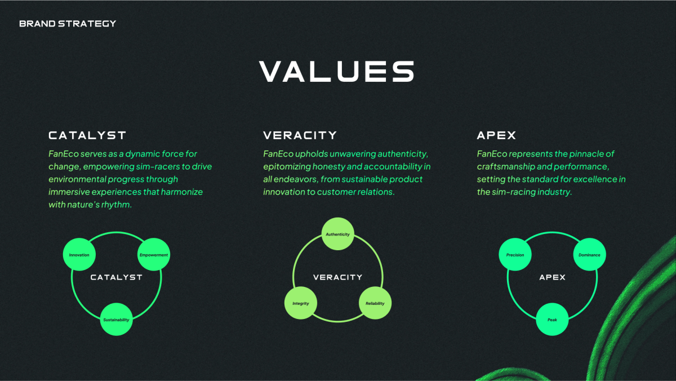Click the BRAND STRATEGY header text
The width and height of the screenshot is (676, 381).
[68, 24]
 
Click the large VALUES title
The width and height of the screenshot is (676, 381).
[337, 71]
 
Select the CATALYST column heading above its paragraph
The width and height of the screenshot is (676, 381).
[87, 135]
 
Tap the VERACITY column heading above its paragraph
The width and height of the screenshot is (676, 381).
[300, 135]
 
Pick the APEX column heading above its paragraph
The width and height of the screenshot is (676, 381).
[496, 135]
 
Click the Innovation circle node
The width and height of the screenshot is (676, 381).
[79, 255]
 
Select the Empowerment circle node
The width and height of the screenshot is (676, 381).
[154, 255]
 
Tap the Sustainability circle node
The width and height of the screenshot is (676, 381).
[116, 320]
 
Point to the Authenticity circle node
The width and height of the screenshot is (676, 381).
[337, 234]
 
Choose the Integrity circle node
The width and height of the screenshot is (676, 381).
[301, 303]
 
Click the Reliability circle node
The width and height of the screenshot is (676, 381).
[375, 303]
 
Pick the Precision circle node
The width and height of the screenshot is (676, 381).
[515, 255]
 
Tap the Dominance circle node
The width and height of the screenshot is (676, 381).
[589, 255]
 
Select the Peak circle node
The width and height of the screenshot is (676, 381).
[552, 320]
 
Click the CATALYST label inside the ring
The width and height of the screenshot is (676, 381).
[117, 277]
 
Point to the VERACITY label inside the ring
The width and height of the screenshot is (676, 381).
[337, 277]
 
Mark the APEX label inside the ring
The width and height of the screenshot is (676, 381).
[552, 277]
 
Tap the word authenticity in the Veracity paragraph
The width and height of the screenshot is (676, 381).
[403, 154]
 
